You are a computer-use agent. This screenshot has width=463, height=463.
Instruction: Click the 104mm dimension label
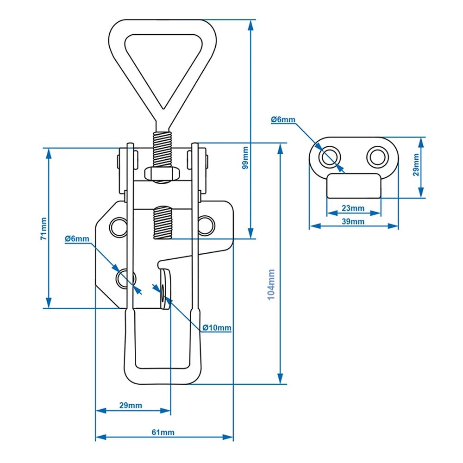(271, 284)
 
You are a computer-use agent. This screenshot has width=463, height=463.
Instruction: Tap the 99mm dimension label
(245, 158)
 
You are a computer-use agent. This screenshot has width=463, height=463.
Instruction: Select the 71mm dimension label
(44, 229)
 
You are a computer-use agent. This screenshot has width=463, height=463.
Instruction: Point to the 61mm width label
(163, 432)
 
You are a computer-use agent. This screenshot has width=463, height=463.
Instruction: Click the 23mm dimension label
(353, 208)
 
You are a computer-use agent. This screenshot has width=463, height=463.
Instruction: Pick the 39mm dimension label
(353, 221)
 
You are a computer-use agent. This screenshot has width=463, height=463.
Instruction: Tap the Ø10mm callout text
(217, 327)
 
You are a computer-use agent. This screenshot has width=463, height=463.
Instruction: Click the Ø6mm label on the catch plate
(283, 119)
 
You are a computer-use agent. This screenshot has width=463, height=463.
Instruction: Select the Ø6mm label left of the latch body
(77, 238)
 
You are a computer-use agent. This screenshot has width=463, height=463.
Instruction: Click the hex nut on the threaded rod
(162, 174)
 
